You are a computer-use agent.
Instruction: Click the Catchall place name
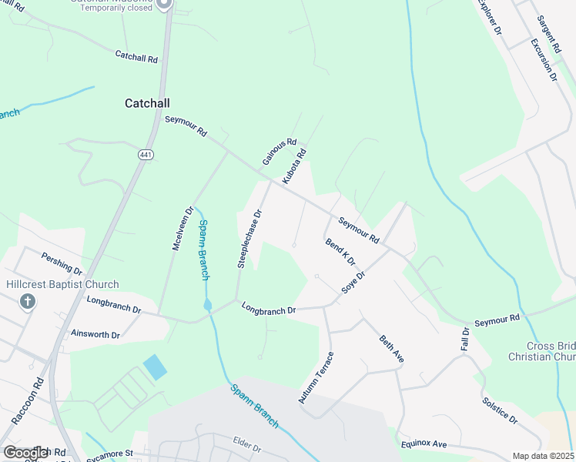tap(147, 102)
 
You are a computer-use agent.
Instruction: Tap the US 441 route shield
tap(145, 155)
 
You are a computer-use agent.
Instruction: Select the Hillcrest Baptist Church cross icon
tap(28, 300)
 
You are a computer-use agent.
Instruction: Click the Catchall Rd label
tap(136, 57)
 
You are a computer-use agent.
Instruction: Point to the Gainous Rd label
tap(279, 152)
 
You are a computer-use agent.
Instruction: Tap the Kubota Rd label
tap(294, 166)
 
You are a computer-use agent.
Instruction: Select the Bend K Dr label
tap(340, 252)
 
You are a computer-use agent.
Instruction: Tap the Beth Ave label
tap(391, 350)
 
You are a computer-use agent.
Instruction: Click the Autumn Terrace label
tap(316, 378)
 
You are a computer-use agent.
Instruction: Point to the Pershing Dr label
tap(62, 263)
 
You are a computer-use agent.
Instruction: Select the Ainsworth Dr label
tap(95, 335)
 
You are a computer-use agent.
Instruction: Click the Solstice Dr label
tap(500, 410)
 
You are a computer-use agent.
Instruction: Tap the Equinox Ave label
tap(424, 445)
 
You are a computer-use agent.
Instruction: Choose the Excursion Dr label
tap(544, 61)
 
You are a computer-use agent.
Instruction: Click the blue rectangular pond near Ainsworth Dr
tap(154, 367)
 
